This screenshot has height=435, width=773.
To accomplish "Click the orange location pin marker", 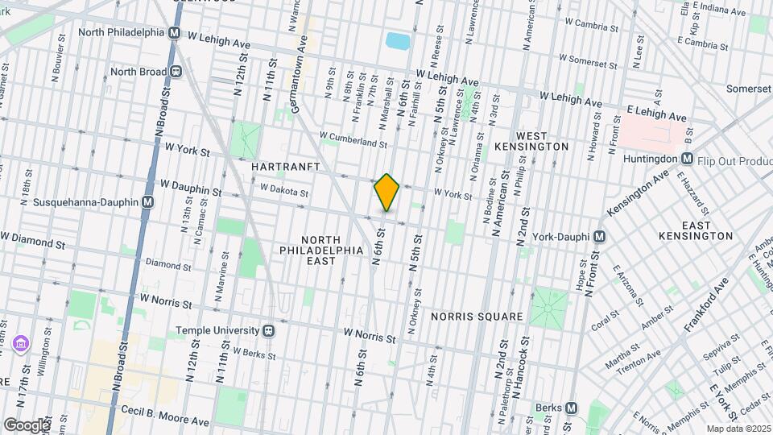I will click(x=386, y=193).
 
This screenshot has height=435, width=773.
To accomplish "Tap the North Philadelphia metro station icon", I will click(x=174, y=33).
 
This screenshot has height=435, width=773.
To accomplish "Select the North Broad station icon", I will click(x=174, y=71).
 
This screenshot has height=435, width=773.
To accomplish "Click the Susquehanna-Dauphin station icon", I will click(x=147, y=202).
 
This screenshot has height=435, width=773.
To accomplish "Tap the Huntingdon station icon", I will click(x=687, y=159).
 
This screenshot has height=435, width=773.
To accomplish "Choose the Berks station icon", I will click(x=572, y=408).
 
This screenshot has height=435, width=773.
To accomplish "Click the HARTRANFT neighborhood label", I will click(x=286, y=167).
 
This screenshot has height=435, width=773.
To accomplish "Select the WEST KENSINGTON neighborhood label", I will click(x=542, y=141).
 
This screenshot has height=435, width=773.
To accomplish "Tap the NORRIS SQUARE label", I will click(x=476, y=317).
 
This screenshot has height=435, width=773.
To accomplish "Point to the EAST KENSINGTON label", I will click(x=695, y=230).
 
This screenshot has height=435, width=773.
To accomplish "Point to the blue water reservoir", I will click(x=397, y=40).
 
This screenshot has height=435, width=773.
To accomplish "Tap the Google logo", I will click(x=27, y=425).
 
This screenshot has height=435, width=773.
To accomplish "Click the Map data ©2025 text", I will click(x=738, y=429).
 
